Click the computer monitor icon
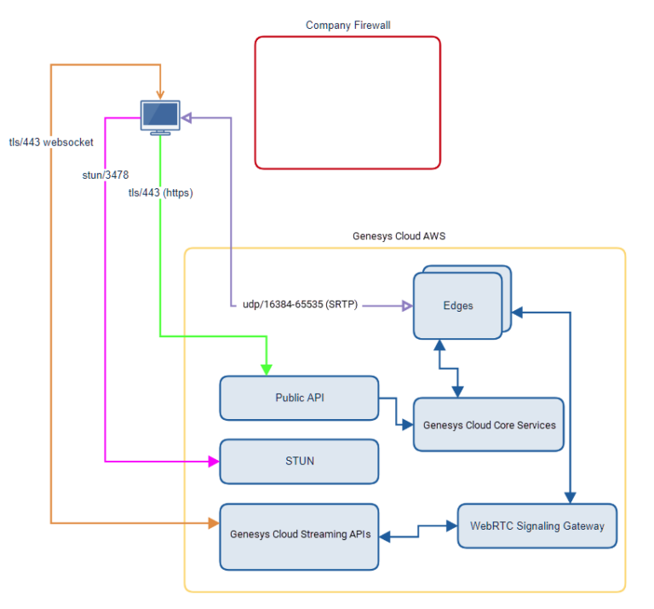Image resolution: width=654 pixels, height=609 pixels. click(x=160, y=117)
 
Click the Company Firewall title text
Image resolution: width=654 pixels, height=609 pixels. click(x=347, y=26)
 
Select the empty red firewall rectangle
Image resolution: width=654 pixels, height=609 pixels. click(x=347, y=102)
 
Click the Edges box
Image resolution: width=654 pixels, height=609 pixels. click(x=458, y=306)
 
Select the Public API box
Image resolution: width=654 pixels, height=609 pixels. click(x=299, y=398)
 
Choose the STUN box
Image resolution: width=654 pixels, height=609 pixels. click(x=299, y=461)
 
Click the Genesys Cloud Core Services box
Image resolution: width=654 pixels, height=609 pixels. click(x=489, y=424)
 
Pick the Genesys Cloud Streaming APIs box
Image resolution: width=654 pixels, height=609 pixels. click(x=299, y=536)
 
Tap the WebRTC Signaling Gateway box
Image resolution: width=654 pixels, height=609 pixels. click(x=536, y=526)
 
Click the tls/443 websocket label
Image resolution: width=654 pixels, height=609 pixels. click(x=51, y=142)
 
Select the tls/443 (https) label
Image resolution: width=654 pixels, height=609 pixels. click(x=160, y=192)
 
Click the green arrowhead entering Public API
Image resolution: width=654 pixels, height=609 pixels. click(x=267, y=369)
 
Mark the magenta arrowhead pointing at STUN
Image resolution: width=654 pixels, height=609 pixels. click(x=213, y=461)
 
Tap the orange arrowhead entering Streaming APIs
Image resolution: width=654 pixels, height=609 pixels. click(x=213, y=522)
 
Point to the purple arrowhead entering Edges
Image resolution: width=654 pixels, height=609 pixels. click(x=406, y=304)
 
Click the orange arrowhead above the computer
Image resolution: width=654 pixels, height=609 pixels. click(x=160, y=94)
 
